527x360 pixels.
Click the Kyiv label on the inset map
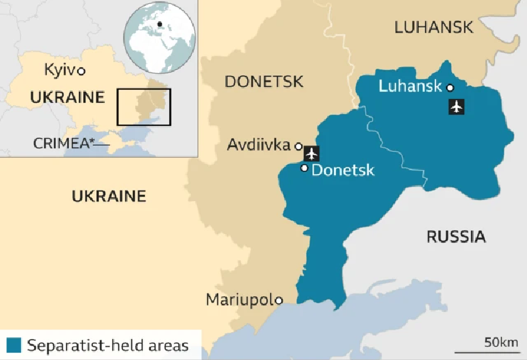point(59,70)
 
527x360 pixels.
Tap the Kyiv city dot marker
point(82,71)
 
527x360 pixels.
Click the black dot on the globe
point(159,25)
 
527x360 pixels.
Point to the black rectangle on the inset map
point(144,107)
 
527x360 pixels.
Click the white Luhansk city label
point(410,86)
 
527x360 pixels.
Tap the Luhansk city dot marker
point(450,87)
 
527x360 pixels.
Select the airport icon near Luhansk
point(456,106)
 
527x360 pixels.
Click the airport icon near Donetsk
point(312,154)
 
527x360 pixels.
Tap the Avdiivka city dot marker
point(298,146)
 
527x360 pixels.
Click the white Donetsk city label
point(343,170)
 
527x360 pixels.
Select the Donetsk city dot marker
point(304,168)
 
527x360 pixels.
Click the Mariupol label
point(240,299)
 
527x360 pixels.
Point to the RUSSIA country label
point(456,237)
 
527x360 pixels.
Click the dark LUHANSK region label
point(433,27)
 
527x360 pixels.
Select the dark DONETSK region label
point(264,82)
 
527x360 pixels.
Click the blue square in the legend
point(14,345)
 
